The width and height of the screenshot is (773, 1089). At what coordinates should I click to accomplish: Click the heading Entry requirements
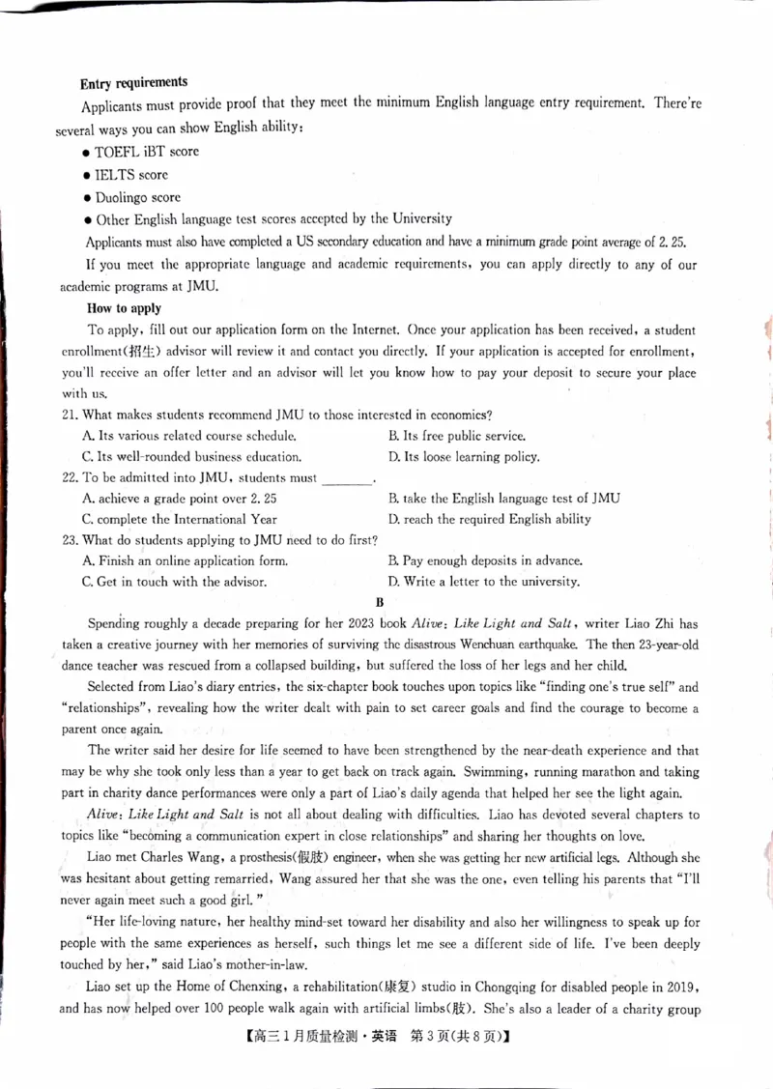point(133,83)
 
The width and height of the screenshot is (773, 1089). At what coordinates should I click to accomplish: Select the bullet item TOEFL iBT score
point(146,152)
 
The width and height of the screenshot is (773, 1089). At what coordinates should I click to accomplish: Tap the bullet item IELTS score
point(130,175)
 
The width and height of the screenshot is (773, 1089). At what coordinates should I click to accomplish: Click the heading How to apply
point(125,308)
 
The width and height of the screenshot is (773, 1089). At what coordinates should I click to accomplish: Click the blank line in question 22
point(346,478)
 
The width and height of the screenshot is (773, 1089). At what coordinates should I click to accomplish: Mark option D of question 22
point(489,520)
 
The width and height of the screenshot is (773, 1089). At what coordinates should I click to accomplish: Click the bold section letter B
point(380,602)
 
